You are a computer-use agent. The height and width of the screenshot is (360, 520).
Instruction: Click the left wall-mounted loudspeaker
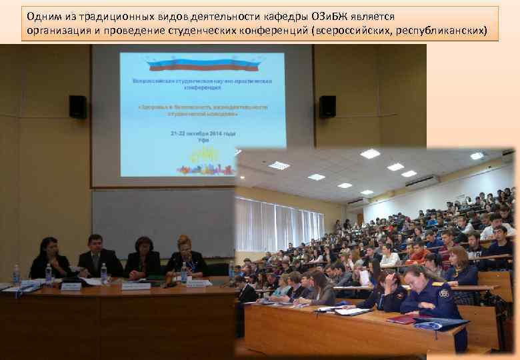78,107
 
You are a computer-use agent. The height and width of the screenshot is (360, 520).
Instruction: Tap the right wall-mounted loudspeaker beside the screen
327,107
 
